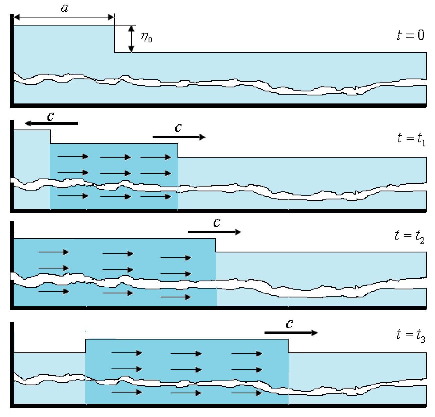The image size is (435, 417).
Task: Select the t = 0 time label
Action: click(410, 35)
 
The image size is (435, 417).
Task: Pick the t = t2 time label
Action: click(410, 236)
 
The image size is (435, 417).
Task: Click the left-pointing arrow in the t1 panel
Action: click(51, 123)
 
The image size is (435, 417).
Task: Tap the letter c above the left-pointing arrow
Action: click(50, 116)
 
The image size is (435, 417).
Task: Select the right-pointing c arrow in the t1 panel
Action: click(179, 137)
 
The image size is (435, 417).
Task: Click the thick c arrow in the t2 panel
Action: click(214, 232)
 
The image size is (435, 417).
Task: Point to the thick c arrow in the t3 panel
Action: click(291, 333)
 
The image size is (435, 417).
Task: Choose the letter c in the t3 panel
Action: click(289, 323)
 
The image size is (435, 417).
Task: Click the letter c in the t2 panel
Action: click(217, 222)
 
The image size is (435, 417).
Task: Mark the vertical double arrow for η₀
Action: click(132, 39)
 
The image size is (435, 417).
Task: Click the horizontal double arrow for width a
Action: click(64, 17)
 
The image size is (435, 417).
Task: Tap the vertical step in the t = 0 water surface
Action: click(114, 39)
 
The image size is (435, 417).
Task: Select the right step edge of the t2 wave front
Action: click(216, 245)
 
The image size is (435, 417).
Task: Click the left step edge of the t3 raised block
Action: click(86, 346)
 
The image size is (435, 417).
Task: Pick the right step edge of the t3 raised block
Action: click(288, 346)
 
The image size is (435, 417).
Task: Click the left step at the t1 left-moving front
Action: click(50, 137)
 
